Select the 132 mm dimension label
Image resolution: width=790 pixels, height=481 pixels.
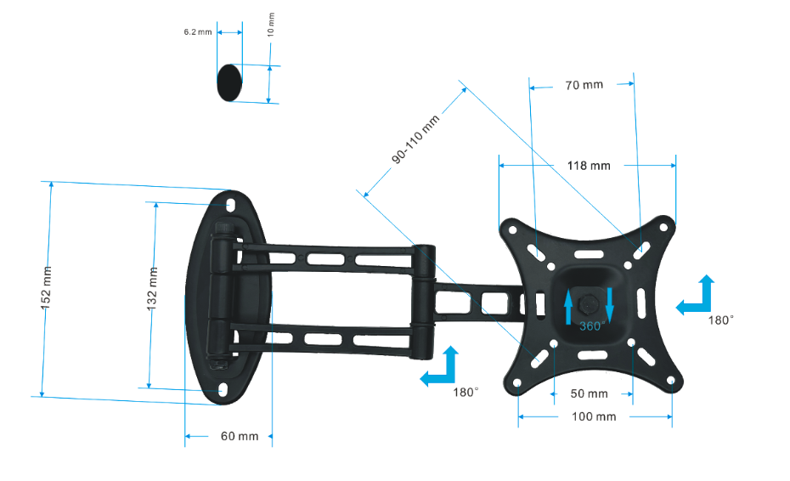coord(154,288)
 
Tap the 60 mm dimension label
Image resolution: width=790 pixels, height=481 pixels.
coord(239,437)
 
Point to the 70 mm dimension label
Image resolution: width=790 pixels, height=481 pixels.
coord(584,85)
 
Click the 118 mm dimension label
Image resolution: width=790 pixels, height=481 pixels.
coord(589,166)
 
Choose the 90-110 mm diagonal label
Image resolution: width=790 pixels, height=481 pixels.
coord(416,140)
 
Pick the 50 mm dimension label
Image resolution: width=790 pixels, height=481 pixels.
coord(589,394)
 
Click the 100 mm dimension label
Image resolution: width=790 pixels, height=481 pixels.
coord(595,417)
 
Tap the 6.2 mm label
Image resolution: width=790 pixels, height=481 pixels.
coord(197,32)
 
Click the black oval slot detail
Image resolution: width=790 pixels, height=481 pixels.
coord(229,82)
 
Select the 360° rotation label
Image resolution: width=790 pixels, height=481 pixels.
coord(592,325)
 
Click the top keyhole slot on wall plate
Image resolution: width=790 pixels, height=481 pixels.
coord(229,204)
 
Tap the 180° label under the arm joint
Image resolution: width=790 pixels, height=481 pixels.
coord(466,392)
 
